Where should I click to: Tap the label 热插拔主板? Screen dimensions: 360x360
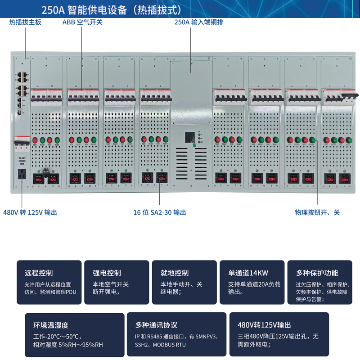pyautogui.click(x=25, y=22)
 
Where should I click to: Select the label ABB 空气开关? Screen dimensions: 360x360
pyautogui.click(x=82, y=22)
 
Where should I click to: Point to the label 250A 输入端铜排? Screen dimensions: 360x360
pyautogui.click(x=198, y=22)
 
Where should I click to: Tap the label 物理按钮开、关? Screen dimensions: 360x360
pyautogui.click(x=317, y=212)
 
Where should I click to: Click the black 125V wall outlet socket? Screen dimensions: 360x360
pyautogui.click(x=21, y=174)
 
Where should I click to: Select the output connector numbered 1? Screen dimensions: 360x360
pyautogui.click(x=345, y=178)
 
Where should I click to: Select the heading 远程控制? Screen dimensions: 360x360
pyautogui.click(x=39, y=273)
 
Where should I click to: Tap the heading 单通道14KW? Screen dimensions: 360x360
pyautogui.click(x=248, y=273)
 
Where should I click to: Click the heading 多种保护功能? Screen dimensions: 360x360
pyautogui.click(x=317, y=273)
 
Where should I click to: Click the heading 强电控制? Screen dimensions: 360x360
pyautogui.click(x=107, y=273)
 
